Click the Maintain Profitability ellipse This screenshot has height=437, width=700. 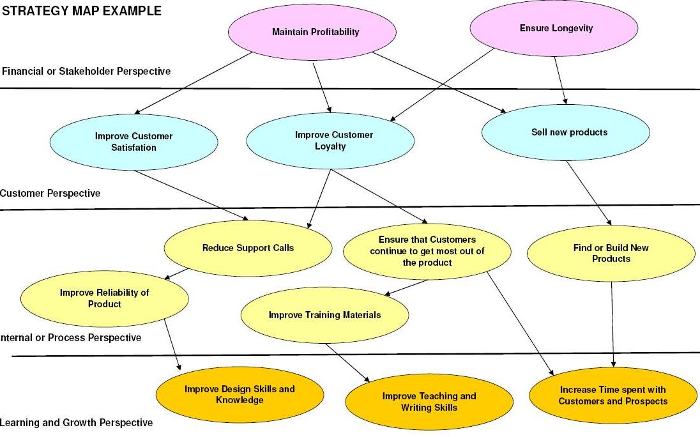click(316, 32)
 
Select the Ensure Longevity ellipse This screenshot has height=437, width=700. click(554, 29)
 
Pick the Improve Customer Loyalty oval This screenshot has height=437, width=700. click(330, 141)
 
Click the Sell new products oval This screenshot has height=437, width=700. click(566, 132)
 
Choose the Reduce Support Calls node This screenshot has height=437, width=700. click(248, 248)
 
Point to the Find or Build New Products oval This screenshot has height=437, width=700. click(611, 254)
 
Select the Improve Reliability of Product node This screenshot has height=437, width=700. click(105, 298)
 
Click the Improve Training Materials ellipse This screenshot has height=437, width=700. click(324, 315)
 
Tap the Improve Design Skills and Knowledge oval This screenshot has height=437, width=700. click(240, 395)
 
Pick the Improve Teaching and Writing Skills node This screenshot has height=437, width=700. click(429, 402)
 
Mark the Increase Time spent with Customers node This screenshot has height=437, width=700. click(613, 395)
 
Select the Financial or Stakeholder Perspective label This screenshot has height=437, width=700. click(86, 71)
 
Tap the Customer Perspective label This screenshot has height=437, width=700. click(50, 193)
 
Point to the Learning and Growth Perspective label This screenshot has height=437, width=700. click(77, 423)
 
